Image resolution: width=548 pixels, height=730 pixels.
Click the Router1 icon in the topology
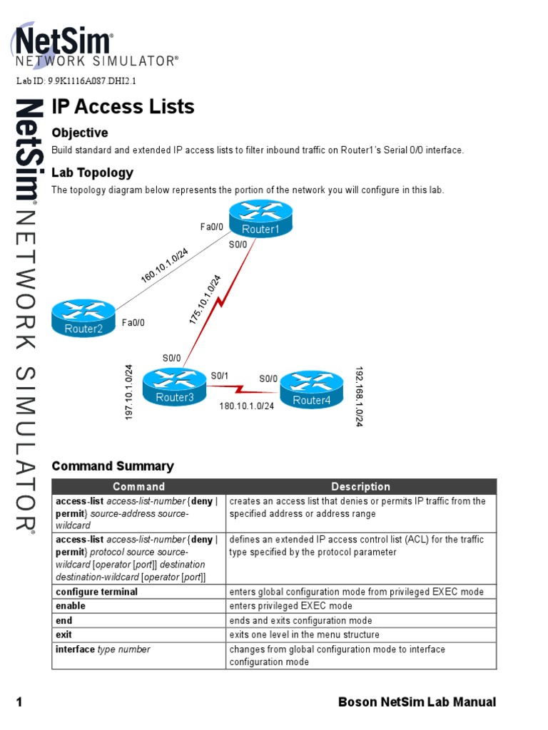click(x=260, y=219)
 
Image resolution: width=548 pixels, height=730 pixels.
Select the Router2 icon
click(x=83, y=318)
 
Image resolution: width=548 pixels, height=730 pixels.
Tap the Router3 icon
click(x=175, y=387)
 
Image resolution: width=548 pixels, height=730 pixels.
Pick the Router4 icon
click(x=312, y=389)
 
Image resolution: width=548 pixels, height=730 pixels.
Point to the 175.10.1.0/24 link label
click(x=205, y=300)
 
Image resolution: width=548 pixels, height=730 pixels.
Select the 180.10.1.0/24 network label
click(x=246, y=405)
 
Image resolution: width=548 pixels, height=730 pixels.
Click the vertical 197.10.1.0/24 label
click(x=129, y=392)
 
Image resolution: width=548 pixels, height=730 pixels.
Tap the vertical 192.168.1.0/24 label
click(x=359, y=397)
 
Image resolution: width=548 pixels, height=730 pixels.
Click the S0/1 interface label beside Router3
click(x=219, y=376)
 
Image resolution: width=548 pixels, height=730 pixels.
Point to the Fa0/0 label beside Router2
click(x=133, y=323)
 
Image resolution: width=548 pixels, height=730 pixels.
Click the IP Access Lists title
click(x=123, y=107)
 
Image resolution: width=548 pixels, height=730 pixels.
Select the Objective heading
click(x=80, y=133)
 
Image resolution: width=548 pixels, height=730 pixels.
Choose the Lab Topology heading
click(x=93, y=173)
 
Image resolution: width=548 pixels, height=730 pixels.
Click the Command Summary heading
click(x=113, y=466)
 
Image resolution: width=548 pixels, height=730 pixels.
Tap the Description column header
click(x=360, y=487)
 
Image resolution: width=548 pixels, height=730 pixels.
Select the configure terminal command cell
click(x=97, y=592)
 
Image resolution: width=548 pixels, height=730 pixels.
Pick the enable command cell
click(x=71, y=606)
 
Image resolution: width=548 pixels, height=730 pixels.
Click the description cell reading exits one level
click(x=304, y=634)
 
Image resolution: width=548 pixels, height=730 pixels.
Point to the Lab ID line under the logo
click(x=76, y=81)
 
